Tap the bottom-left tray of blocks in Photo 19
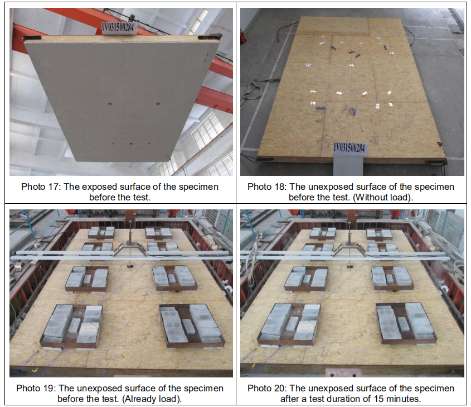(x=71, y=327)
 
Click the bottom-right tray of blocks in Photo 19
(x=192, y=326)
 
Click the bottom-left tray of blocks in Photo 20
(x=289, y=325)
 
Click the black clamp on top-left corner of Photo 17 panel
(x=32, y=38)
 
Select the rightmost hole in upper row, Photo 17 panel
(x=158, y=103)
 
